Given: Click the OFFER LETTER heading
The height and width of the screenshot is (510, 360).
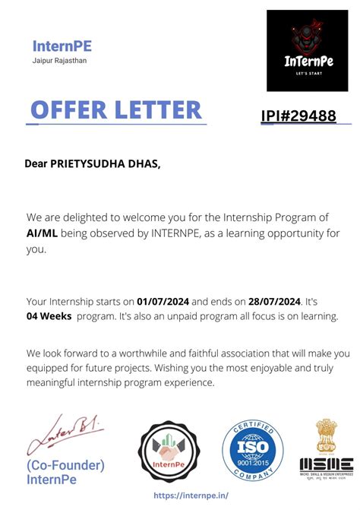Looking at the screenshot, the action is (116, 110).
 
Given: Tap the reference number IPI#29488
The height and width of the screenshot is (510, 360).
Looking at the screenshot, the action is (298, 116).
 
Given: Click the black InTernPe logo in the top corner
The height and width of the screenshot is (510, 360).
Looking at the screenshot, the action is (307, 50).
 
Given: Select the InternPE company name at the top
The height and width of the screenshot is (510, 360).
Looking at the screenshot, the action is (62, 46).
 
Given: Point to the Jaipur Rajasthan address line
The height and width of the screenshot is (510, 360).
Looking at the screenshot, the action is (59, 61).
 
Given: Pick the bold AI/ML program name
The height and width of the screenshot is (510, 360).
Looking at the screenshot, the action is (42, 233).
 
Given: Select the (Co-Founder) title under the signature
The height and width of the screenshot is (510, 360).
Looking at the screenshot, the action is (66, 464).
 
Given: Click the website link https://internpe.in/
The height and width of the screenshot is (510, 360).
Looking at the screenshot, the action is (191, 494).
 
